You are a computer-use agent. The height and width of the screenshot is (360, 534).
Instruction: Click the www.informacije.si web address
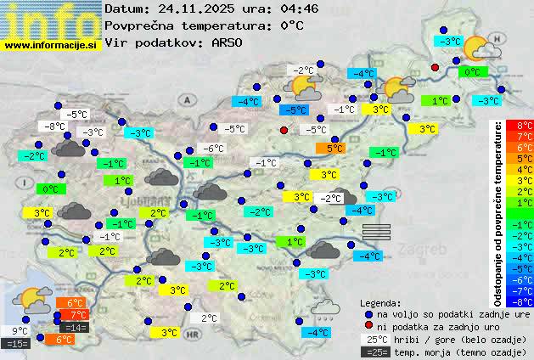50,46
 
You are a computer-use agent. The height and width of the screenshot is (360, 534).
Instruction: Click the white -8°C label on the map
54,127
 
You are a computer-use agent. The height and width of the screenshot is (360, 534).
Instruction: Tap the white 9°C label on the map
20,331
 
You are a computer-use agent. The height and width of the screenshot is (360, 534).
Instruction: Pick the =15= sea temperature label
16,344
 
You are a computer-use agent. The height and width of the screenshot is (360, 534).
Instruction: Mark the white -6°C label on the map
213,149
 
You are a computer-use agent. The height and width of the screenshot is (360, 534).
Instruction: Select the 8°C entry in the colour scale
514,126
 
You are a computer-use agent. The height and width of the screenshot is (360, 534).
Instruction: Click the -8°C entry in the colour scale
514,301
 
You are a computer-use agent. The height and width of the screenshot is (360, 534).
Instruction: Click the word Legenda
380,302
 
